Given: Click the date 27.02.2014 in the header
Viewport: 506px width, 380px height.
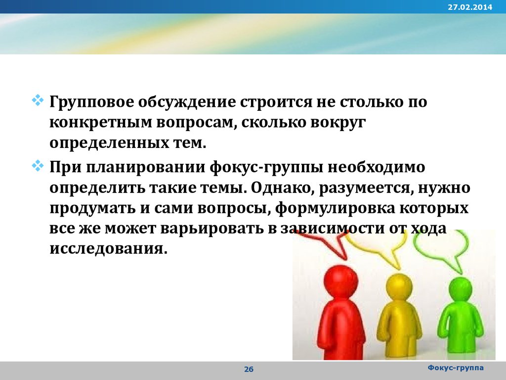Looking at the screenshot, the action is (470, 7).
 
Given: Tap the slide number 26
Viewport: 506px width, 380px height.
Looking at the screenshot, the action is (249, 369).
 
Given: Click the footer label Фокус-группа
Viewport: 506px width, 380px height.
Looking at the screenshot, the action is (455, 368).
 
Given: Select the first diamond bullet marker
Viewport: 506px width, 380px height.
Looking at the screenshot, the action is (38, 100).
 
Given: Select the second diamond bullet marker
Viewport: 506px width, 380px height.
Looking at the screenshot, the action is (38, 166).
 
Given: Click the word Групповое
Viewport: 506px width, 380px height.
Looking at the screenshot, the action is (91, 102).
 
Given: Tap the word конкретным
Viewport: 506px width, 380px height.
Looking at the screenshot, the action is (101, 123).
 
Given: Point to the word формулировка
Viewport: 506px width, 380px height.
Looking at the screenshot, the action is (335, 209).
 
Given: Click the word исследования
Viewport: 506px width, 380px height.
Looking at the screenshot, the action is (109, 249).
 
